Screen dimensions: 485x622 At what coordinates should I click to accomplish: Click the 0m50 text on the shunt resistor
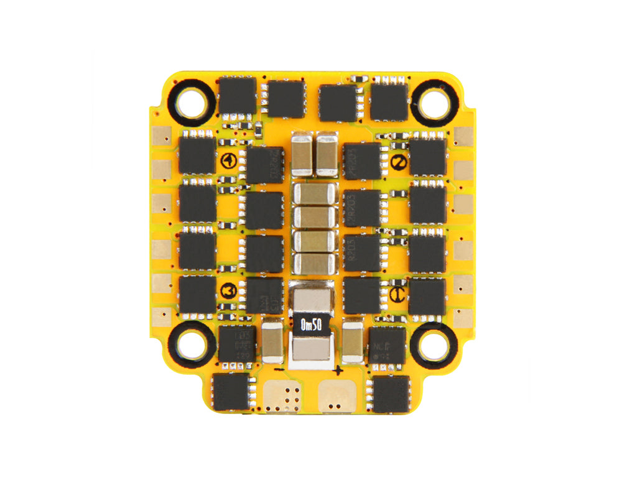coord(310,325)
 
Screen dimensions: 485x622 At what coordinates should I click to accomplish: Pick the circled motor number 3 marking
coord(228,290)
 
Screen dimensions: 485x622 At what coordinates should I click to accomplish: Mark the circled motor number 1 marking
coord(228,161)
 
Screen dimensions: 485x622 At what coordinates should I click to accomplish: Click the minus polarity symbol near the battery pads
coord(281,371)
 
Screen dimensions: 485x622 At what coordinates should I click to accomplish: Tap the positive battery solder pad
coord(337,394)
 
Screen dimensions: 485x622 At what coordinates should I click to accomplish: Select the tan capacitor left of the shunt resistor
coord(272,342)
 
